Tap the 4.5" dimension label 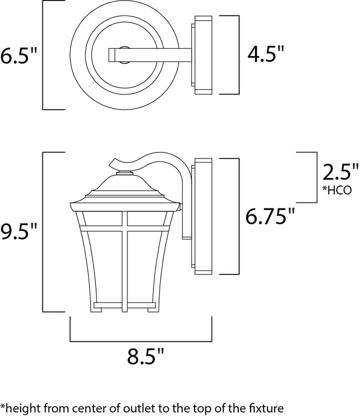click(x=265, y=54)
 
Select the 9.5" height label click(x=18, y=231)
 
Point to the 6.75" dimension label click(x=270, y=216)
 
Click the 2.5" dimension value click(x=340, y=172)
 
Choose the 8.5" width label click(x=145, y=356)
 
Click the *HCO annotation click(x=337, y=190)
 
